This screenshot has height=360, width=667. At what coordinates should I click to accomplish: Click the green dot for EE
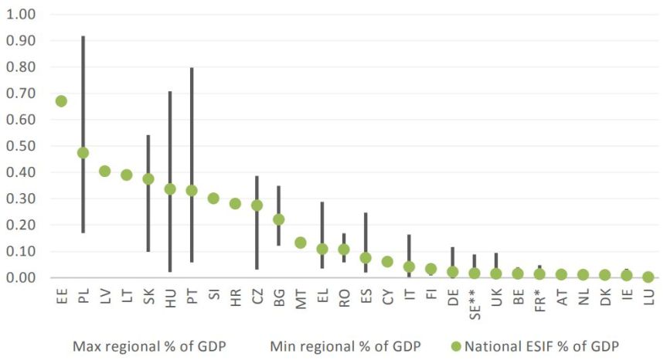(61, 101)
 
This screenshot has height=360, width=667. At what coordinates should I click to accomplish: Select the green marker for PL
(83, 153)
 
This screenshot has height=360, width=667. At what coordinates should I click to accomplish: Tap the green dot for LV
(104, 171)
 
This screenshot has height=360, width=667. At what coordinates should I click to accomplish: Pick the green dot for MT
(301, 243)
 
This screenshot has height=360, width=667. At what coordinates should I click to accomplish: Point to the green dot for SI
(213, 199)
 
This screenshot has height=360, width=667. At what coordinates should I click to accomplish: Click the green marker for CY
(387, 262)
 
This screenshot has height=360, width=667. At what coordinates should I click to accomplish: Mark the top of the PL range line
(83, 36)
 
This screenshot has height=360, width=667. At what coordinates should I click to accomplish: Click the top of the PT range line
(192, 68)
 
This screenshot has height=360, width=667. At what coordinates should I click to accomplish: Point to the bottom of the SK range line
(148, 251)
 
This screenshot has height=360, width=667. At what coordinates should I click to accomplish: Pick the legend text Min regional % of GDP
(345, 345)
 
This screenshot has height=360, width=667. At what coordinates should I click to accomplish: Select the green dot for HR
(235, 204)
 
